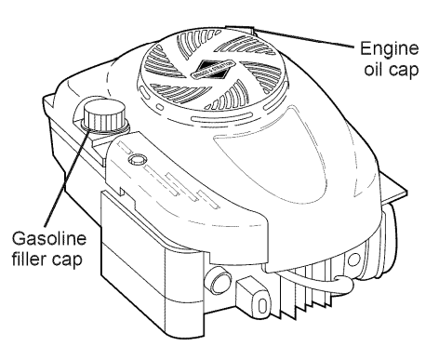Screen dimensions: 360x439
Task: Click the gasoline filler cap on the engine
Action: [x=99, y=119]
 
